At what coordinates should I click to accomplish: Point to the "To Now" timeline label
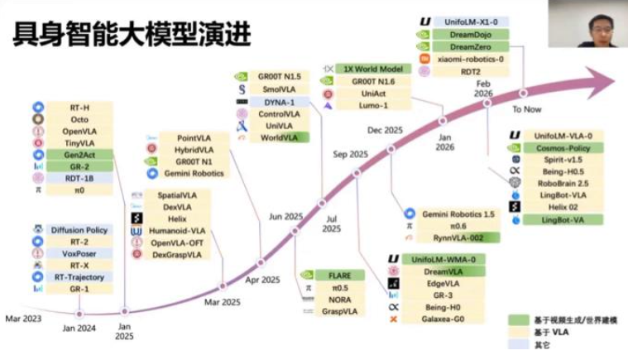click(x=526, y=109)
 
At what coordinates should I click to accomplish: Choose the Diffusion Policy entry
click(x=79, y=229)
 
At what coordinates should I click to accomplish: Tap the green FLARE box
click(x=339, y=275)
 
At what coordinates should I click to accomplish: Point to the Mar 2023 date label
click(x=22, y=318)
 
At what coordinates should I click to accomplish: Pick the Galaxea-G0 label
click(x=436, y=319)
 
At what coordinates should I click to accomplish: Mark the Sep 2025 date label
click(x=351, y=154)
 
